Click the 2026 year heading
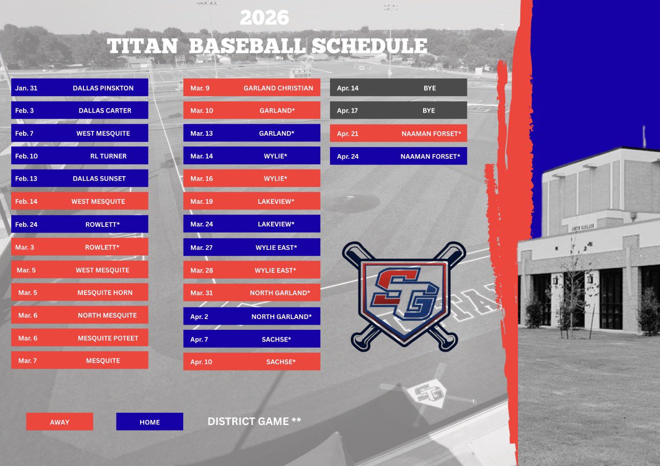click(265, 18)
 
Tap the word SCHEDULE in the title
click(369, 46)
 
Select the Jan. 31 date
click(26, 88)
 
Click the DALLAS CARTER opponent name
click(105, 111)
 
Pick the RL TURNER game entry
click(79, 156)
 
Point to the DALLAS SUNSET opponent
click(99, 178)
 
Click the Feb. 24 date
click(26, 224)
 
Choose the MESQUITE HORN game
click(79, 292)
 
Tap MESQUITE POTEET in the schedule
click(108, 338)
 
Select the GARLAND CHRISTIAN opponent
click(278, 88)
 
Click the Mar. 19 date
click(202, 201)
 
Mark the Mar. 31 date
click(202, 293)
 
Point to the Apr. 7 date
click(199, 340)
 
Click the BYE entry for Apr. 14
click(430, 88)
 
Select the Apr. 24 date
click(348, 157)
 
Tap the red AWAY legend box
click(59, 421)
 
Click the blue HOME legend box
click(150, 421)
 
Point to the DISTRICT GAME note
click(254, 421)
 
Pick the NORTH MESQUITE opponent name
click(107, 315)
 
